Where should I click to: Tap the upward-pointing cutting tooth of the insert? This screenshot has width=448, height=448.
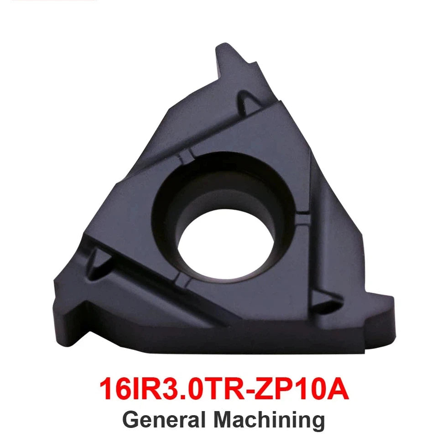coord(229,60)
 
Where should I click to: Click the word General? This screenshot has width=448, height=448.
coord(164,420)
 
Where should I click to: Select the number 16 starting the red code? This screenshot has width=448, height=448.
coord(115,389)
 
